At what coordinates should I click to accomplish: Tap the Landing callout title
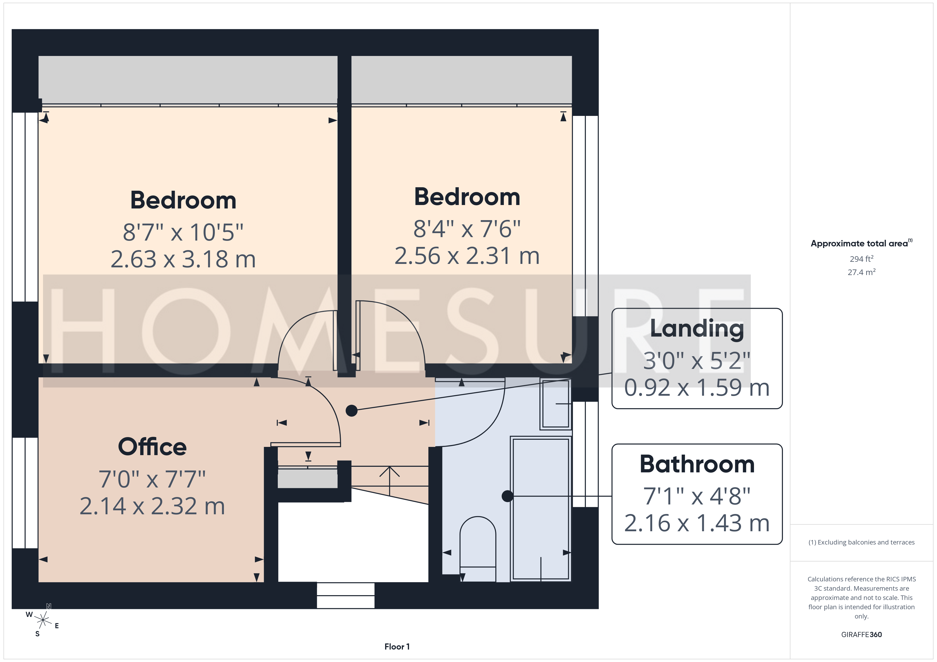click(x=697, y=329)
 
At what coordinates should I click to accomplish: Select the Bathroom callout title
click(x=697, y=464)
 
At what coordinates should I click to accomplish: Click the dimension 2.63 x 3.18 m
click(x=183, y=259)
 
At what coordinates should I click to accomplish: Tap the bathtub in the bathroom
click(x=541, y=509)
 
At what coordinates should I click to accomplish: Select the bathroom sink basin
click(x=555, y=404)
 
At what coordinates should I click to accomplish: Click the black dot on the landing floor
click(x=351, y=411)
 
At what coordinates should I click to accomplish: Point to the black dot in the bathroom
click(x=507, y=496)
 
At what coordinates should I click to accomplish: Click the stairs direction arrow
click(x=390, y=481)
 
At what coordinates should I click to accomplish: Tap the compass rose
click(x=42, y=620)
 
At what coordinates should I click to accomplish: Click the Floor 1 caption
click(x=397, y=647)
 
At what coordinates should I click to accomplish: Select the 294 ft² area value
click(x=862, y=259)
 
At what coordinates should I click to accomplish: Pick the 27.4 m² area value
click(x=862, y=272)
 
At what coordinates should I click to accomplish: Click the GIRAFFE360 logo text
click(x=862, y=634)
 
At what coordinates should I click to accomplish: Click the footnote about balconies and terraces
click(x=862, y=542)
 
